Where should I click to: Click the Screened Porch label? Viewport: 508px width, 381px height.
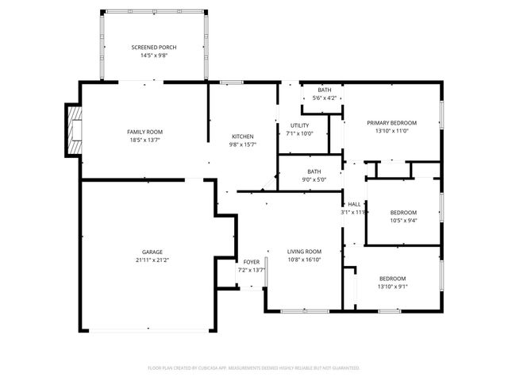(153, 48)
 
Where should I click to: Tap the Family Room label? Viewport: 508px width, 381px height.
(144, 131)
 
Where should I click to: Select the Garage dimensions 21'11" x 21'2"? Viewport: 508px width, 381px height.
(148, 260)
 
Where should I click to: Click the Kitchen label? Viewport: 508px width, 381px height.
(242, 136)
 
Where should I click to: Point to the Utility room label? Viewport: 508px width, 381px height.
(299, 125)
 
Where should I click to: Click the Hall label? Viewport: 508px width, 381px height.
(354, 204)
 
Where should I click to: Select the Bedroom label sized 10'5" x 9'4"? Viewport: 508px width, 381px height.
(403, 212)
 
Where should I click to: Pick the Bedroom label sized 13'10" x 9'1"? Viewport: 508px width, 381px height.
(392, 278)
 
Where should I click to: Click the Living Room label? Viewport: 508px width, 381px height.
(304, 251)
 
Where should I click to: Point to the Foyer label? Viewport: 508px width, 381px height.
(252, 262)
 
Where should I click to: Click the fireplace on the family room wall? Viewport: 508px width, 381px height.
(75, 130)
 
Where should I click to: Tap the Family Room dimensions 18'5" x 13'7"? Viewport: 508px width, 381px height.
(144, 140)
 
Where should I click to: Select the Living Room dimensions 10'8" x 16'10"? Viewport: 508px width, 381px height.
(304, 259)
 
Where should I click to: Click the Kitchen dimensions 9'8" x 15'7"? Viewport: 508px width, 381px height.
(242, 144)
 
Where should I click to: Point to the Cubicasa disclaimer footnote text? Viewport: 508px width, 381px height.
(254, 368)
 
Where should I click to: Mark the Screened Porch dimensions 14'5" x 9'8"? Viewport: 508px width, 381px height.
(153, 56)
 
